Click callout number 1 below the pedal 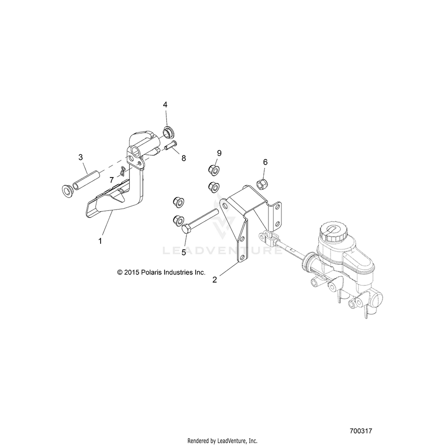pos(99,241)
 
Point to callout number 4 pos(165,105)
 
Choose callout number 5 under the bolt pos(183,252)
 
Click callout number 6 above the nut pos(265,162)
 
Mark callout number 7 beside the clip pos(111,179)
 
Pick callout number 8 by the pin pos(184,158)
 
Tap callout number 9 pos(219,153)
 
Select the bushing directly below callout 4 pos(168,133)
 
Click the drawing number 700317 pos(361,431)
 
